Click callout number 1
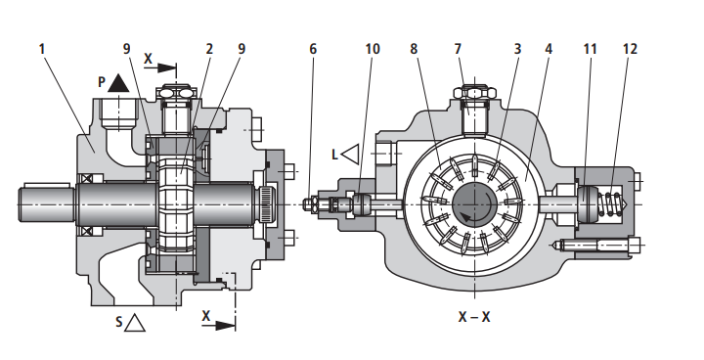pos(42,49)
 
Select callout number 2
pos(209,49)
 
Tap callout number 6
pos(313,49)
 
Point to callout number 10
pos(373,49)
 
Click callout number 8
pos(414,49)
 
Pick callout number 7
pos(458,49)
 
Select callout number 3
pos(517,49)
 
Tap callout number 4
pos(549,49)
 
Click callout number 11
pos(590,49)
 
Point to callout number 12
pos(631,49)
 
